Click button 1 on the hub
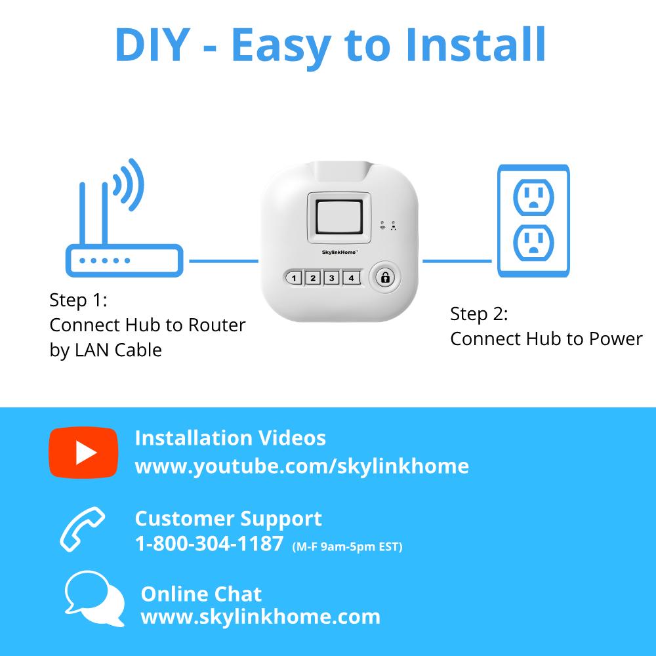pos(294,277)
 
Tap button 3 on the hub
pos(332,277)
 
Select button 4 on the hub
pos(351,277)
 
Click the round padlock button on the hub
pos(385,277)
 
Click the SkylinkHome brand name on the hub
pos(339,253)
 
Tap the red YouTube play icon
pos(84,452)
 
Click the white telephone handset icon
pos(81,529)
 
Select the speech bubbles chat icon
pos(94,598)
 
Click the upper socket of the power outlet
pos(533,197)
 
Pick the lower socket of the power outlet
pos(533,243)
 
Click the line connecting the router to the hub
pos(224,261)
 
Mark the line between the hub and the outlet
pos(457,261)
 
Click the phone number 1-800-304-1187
pos(209,544)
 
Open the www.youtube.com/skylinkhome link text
pos(302,466)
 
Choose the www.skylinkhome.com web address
pos(260,617)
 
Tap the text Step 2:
pos(479,314)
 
